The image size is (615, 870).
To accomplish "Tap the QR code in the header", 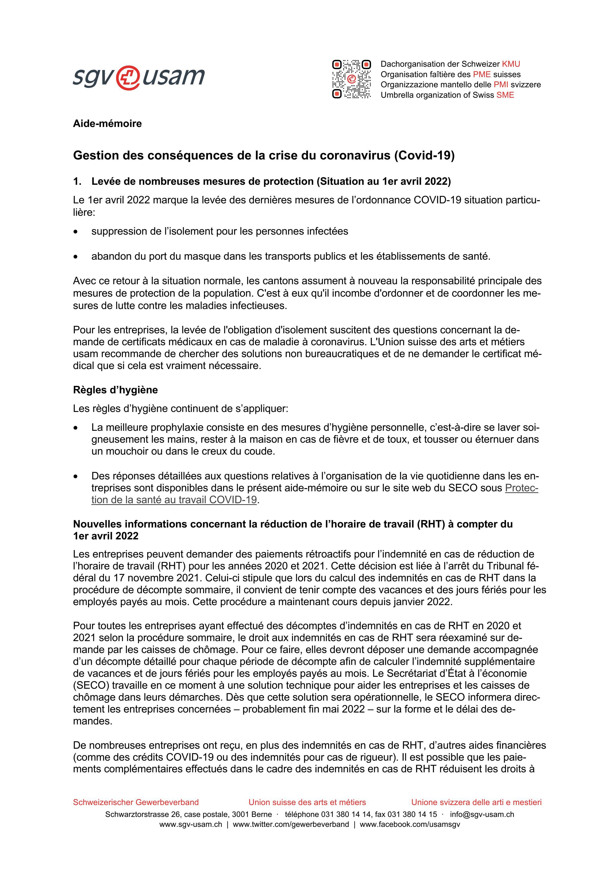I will (351, 79).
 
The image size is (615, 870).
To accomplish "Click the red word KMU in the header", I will (511, 64).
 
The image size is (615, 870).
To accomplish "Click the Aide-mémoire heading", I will (107, 124).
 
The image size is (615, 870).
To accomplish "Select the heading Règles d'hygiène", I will (115, 390).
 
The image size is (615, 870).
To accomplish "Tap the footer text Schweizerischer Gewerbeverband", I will (136, 802).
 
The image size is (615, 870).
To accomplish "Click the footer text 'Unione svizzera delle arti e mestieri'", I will (476, 802).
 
